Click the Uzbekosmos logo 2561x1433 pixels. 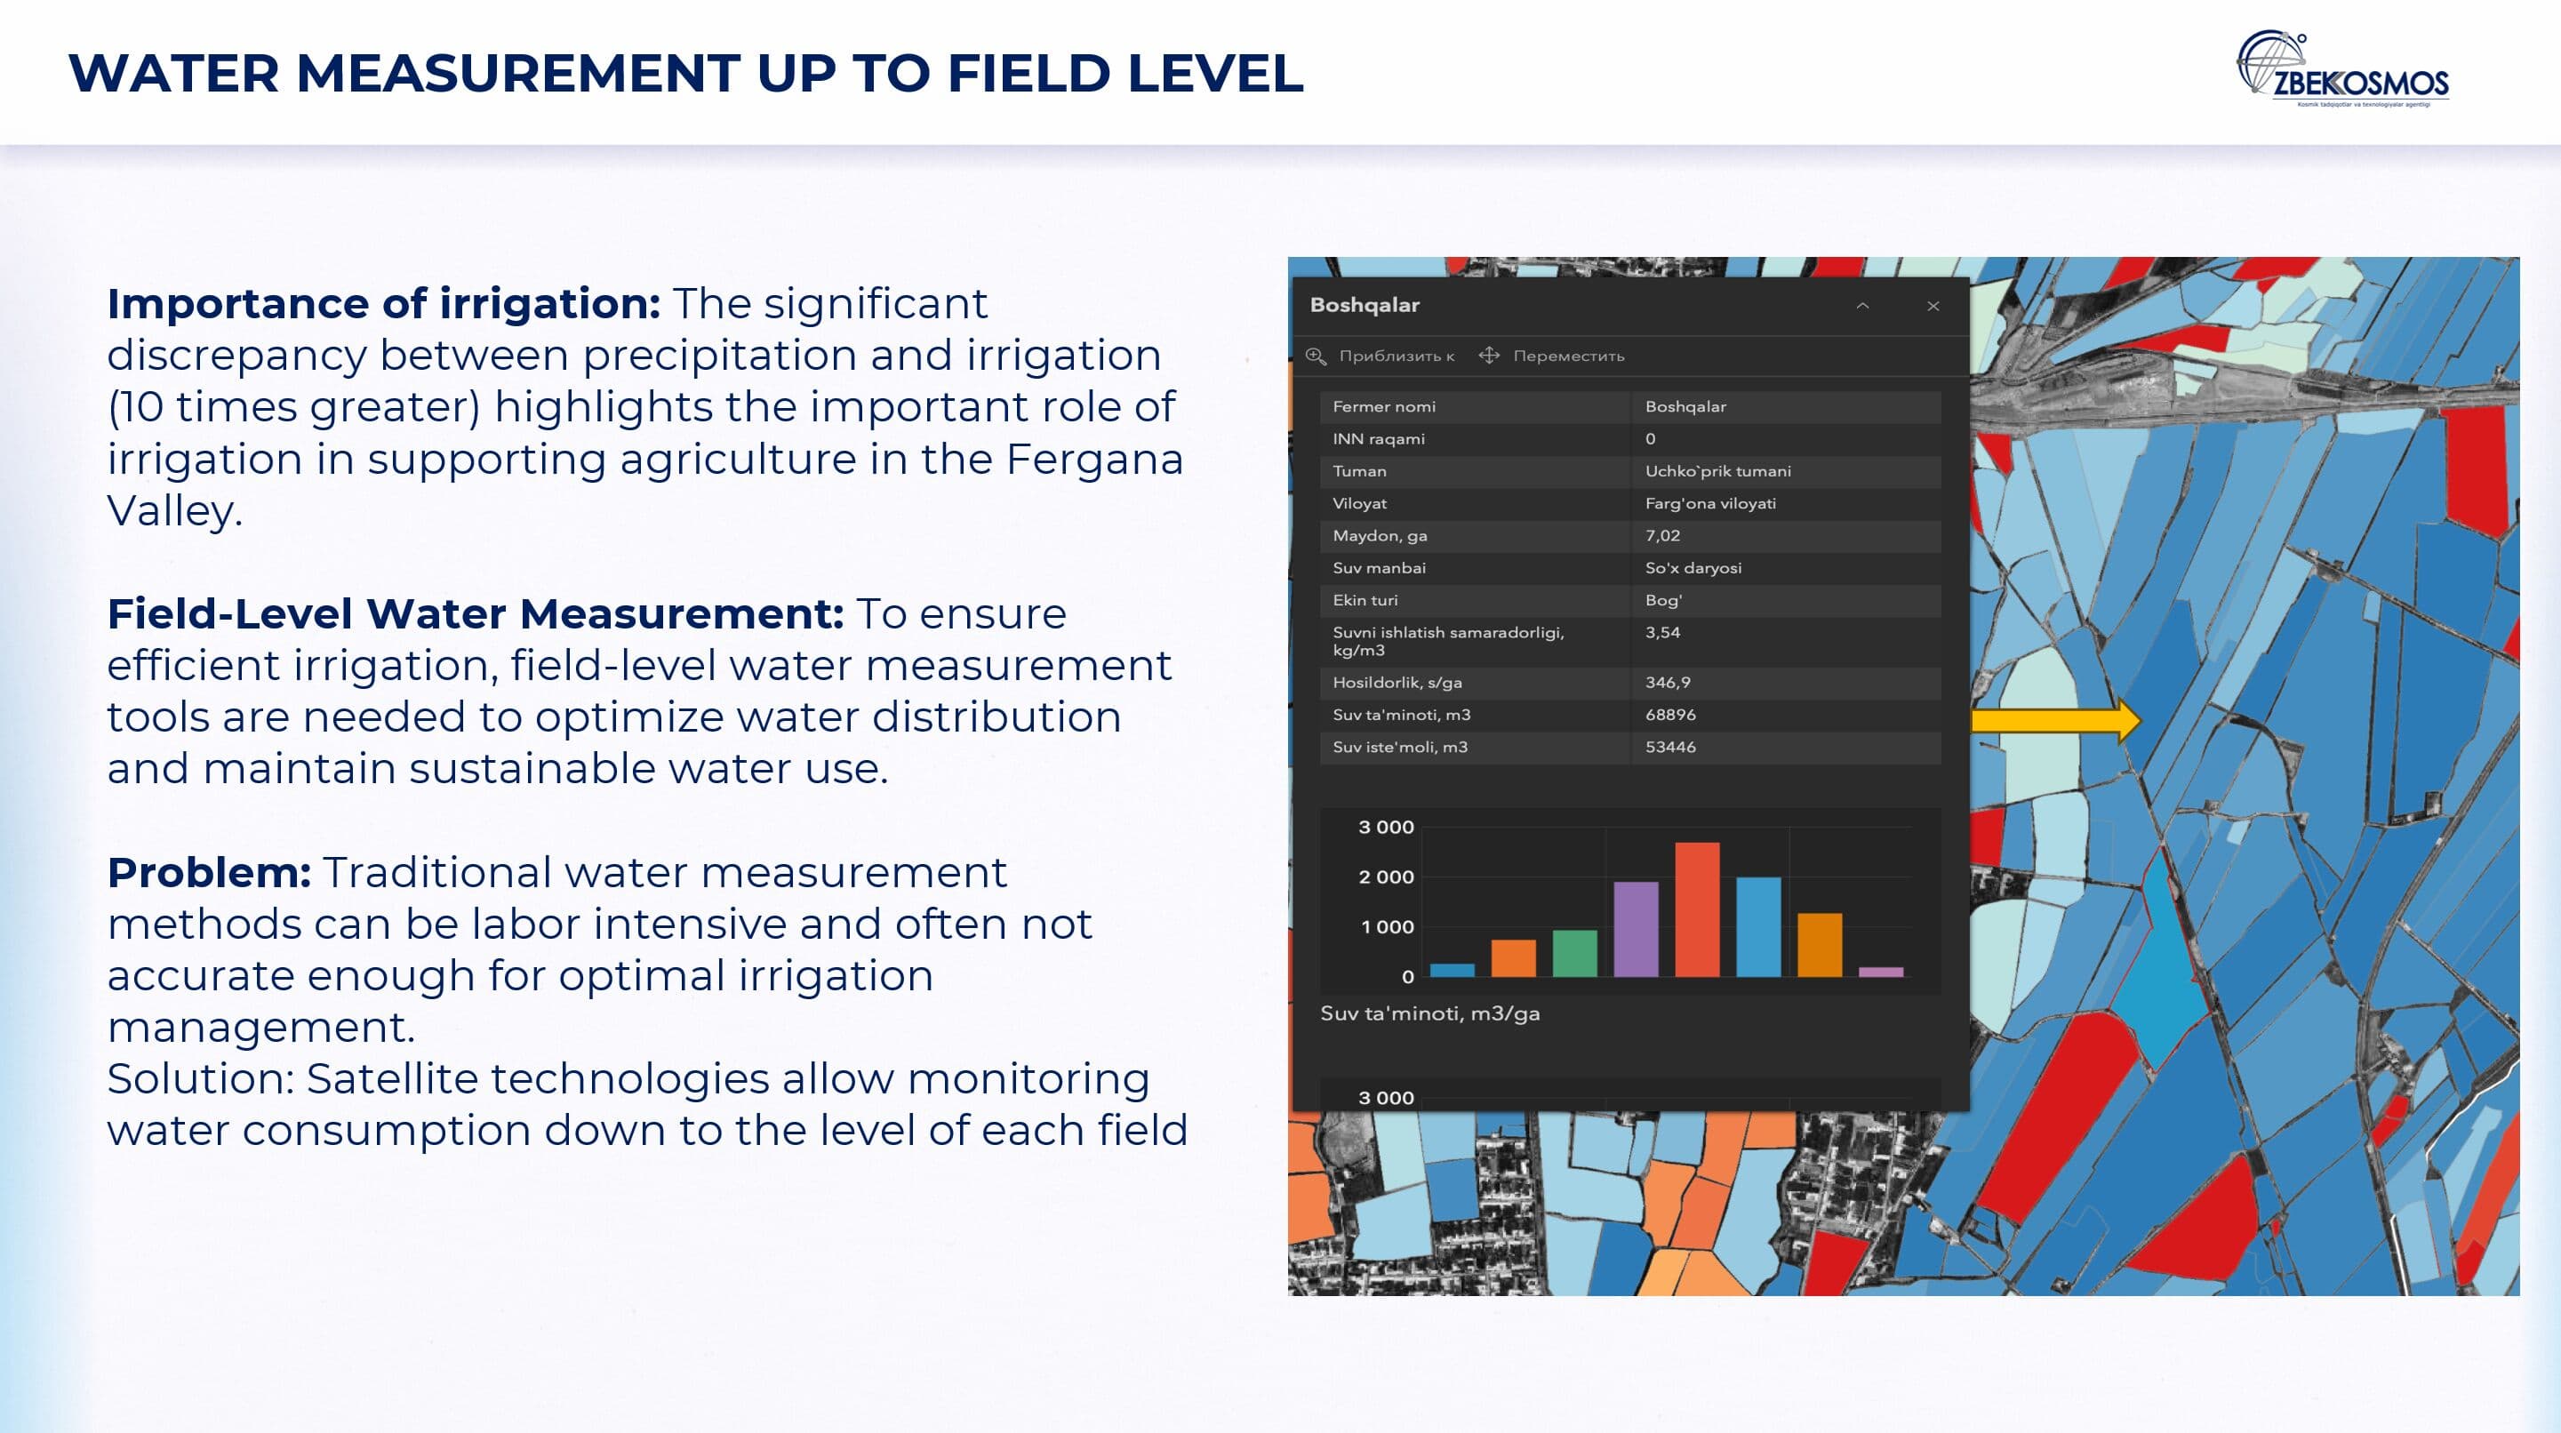[x=2342, y=68]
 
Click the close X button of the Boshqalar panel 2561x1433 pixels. [x=1933, y=307]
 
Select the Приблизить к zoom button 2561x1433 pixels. [x=1380, y=356]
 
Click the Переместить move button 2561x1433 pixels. [x=1552, y=356]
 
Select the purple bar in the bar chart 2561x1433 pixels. [x=1636, y=929]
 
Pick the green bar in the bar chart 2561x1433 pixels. [x=1575, y=954]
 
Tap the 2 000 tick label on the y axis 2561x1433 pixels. [x=1386, y=877]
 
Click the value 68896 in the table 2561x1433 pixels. [x=1670, y=715]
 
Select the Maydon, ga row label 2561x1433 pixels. [x=1380, y=536]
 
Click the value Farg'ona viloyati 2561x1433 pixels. [x=1710, y=503]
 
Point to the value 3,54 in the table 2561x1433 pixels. [x=1662, y=632]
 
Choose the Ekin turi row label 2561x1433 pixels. [x=1365, y=600]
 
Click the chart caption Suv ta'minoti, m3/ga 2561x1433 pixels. [x=1429, y=1013]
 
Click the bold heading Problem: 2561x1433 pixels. [x=210, y=872]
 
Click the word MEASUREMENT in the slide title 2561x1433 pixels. [x=518, y=74]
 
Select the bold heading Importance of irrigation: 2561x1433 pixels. [x=384, y=303]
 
